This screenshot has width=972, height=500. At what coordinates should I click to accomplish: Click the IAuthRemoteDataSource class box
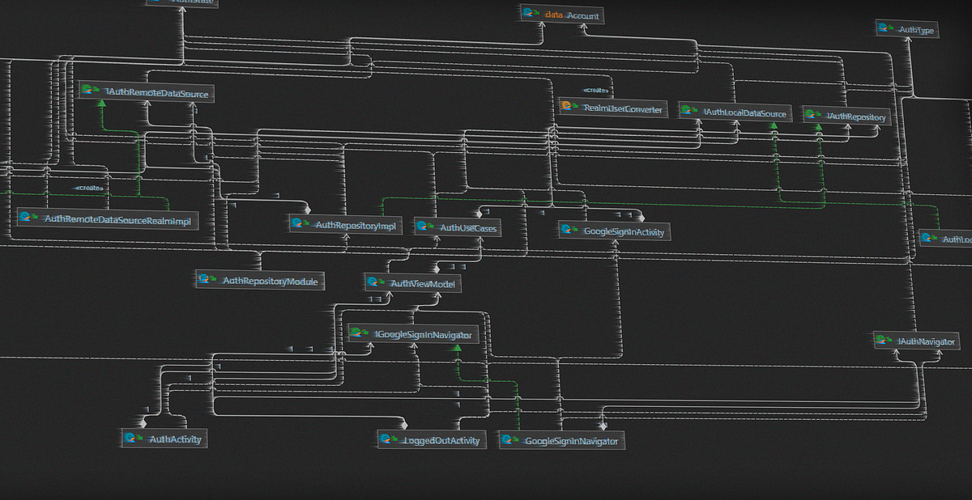coord(147,93)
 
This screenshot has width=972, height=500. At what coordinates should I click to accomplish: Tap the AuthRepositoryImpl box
coord(346,226)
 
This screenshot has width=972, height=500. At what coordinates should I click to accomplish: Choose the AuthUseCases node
coord(456,228)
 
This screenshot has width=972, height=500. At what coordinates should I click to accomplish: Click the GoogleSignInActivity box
coord(616,231)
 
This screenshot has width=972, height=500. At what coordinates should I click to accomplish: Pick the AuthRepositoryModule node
coord(260,280)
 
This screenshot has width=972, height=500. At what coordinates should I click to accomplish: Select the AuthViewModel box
coord(413,283)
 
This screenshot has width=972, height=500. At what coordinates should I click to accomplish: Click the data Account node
coord(562,15)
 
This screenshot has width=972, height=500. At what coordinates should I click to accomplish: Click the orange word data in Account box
coord(554,15)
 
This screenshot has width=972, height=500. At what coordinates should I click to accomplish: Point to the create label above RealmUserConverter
coord(597,90)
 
